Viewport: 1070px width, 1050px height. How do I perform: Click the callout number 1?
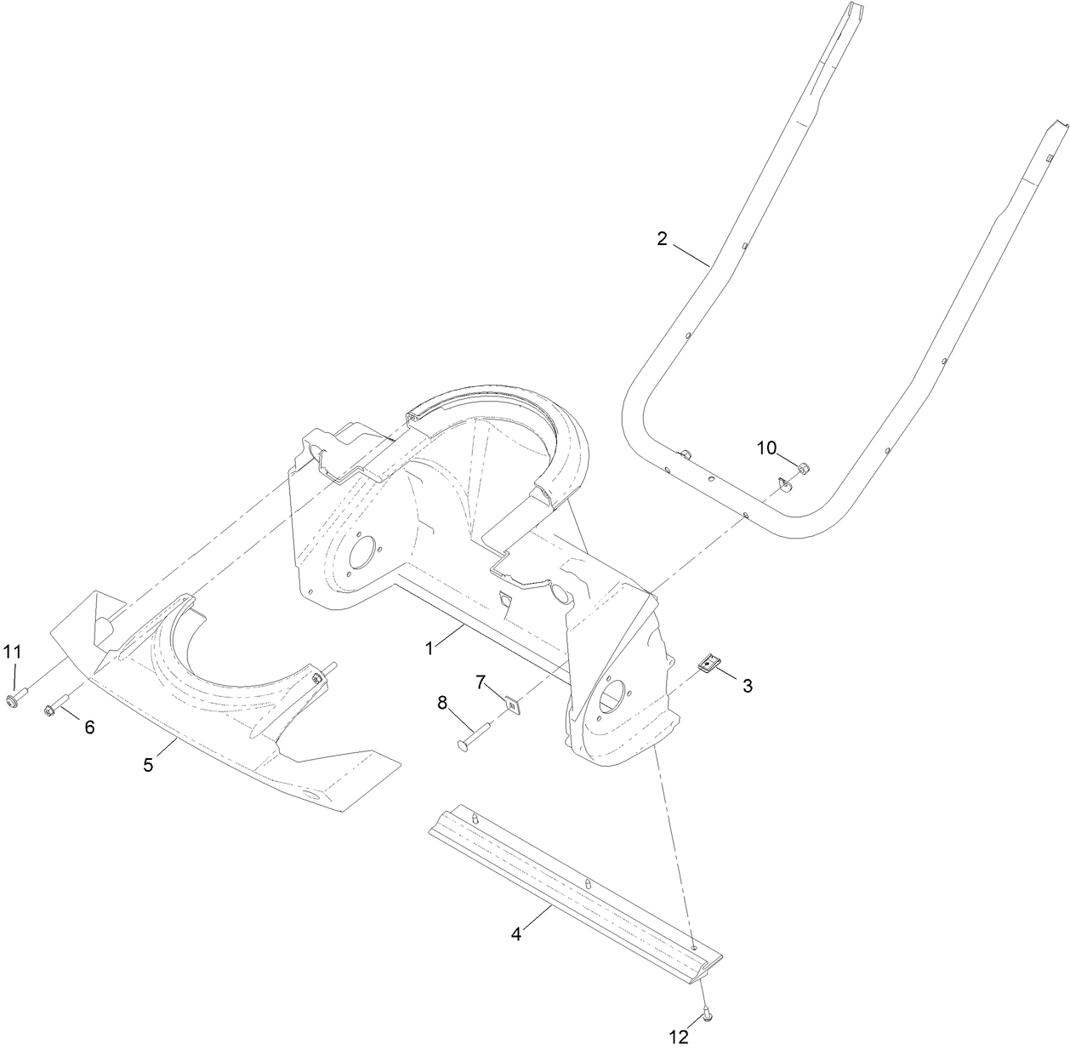[x=431, y=648]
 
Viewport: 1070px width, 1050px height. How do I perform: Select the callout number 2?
[x=663, y=238]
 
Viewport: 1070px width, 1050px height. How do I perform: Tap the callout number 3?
[x=747, y=685]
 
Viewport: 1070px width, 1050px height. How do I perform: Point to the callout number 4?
[x=516, y=933]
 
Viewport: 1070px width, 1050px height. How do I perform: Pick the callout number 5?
[x=148, y=764]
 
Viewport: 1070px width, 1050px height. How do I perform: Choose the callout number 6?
[x=88, y=727]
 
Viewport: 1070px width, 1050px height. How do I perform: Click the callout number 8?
[x=442, y=703]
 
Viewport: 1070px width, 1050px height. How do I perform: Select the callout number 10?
[x=766, y=448]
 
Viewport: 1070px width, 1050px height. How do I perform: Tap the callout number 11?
[x=11, y=652]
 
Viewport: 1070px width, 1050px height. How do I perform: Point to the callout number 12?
[x=678, y=1036]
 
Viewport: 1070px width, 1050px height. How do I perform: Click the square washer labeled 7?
[x=512, y=704]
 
